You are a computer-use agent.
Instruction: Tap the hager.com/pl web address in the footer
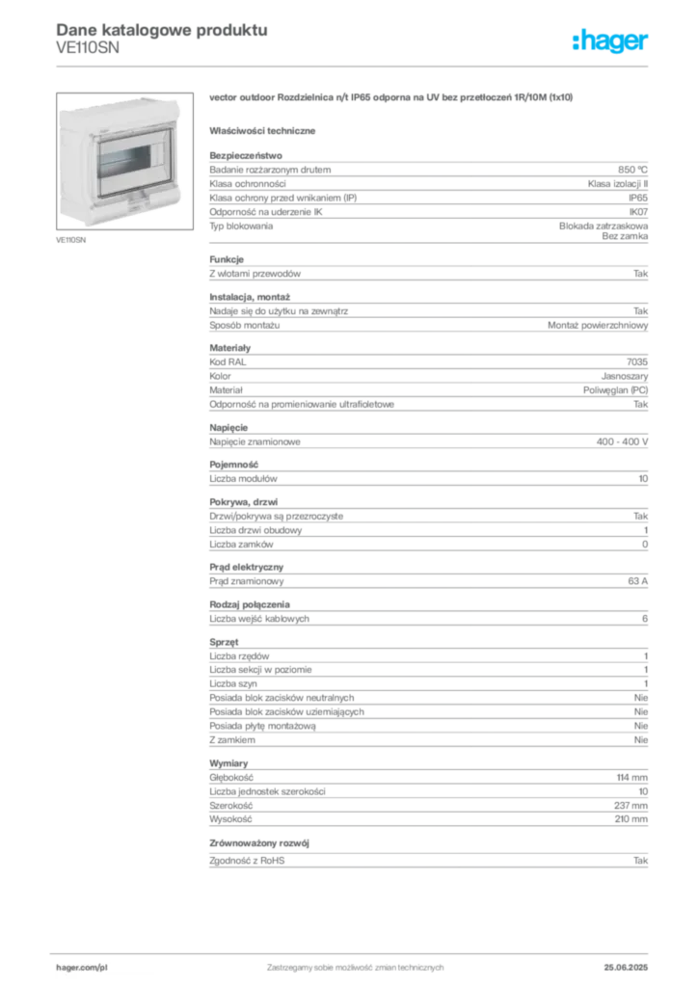click(x=81, y=964)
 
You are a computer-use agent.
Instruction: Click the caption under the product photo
click(x=73, y=240)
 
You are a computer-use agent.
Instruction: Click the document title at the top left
click(x=159, y=29)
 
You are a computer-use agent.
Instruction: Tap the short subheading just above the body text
click(x=265, y=129)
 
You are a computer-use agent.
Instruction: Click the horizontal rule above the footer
click(x=355, y=950)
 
